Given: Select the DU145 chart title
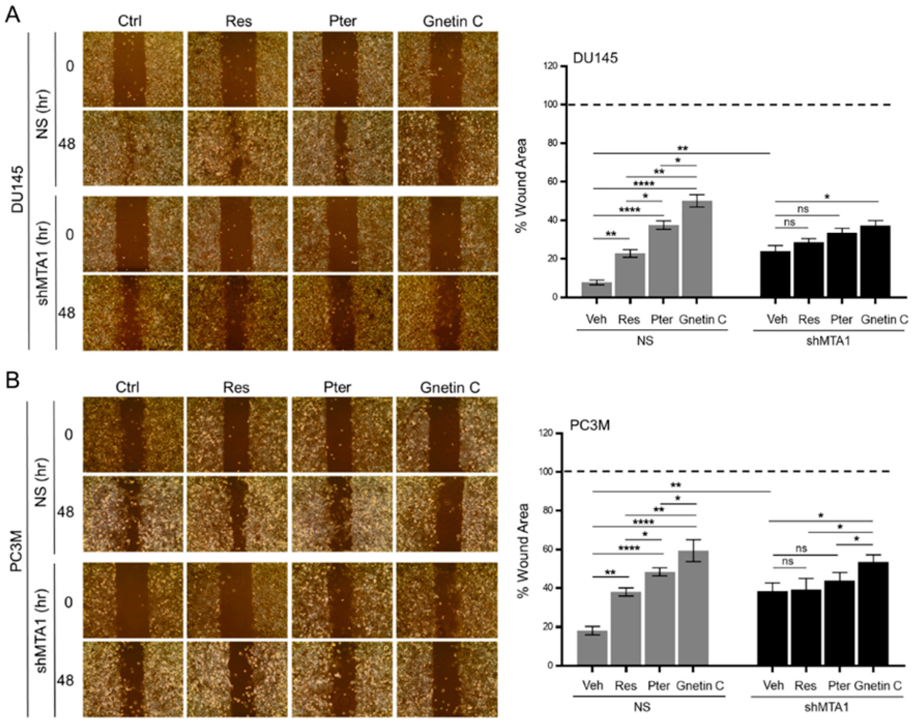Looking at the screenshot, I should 595,58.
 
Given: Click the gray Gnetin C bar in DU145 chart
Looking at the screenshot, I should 696,249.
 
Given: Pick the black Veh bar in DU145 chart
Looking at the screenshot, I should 775,275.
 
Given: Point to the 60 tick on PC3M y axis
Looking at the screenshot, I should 548,549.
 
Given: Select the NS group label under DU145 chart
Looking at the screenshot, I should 645,341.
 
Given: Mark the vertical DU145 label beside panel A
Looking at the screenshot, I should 17,189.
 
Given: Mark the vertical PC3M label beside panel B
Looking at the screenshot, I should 16,553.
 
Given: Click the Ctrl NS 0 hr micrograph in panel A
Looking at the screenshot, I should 133,69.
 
